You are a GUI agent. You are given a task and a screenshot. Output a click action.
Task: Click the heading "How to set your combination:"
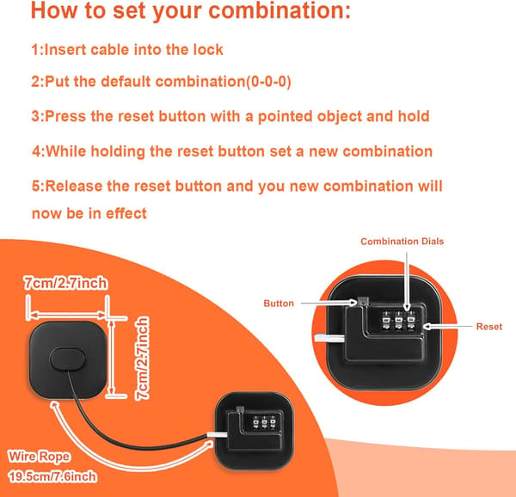191,11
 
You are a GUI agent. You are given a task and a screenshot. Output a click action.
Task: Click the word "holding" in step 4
118,151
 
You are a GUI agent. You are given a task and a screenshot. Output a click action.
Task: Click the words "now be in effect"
89,213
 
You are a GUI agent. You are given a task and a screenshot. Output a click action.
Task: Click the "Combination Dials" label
402,242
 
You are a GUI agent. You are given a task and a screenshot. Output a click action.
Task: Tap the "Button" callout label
279,304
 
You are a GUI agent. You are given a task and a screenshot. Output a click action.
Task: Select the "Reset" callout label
489,327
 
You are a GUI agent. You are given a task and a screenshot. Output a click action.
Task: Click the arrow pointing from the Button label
329,303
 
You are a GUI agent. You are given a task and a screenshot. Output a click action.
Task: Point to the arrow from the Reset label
447,326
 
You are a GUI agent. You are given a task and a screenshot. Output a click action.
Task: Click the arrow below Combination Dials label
407,281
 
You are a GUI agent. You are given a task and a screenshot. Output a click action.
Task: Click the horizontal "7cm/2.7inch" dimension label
65,283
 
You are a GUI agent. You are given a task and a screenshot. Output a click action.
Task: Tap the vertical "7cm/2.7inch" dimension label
142,359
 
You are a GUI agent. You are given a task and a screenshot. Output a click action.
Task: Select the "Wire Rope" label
40,457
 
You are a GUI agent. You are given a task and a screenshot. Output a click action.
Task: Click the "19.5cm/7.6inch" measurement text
52,476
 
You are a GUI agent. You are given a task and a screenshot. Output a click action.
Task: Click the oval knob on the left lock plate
67,359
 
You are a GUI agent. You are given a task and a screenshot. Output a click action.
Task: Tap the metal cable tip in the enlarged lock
329,338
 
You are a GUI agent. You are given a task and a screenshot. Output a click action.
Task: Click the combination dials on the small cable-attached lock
264,423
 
